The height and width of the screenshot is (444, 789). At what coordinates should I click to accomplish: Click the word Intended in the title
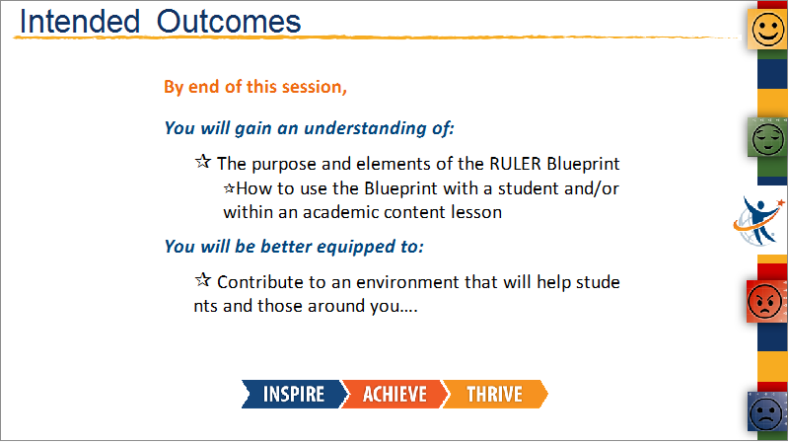(x=79, y=22)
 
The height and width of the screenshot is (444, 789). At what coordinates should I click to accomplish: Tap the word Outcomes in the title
(x=229, y=22)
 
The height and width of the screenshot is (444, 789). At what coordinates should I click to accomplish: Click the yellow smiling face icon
(x=768, y=29)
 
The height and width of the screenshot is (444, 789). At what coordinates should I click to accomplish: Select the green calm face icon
(x=767, y=138)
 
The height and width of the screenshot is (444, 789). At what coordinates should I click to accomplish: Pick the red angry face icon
(x=765, y=301)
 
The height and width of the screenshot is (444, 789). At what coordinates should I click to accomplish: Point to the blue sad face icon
(x=767, y=411)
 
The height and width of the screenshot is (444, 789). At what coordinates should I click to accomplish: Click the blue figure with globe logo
(x=758, y=220)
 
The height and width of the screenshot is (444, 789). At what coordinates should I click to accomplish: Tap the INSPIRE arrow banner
(x=294, y=394)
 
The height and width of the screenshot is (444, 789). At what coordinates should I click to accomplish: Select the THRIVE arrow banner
(x=495, y=394)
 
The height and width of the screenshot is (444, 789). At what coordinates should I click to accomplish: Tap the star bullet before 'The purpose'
(x=203, y=162)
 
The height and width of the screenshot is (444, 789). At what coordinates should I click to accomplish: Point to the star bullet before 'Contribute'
(x=203, y=280)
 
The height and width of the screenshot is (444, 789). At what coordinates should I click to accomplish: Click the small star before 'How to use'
(x=229, y=188)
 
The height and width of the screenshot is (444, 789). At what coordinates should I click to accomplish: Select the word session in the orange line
(x=314, y=87)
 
